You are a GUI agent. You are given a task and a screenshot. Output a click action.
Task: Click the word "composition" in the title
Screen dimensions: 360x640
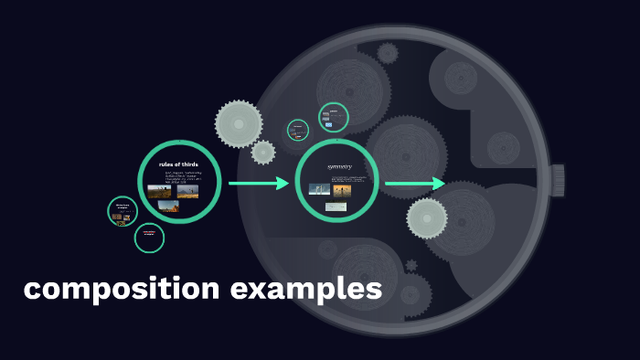(x=122, y=290)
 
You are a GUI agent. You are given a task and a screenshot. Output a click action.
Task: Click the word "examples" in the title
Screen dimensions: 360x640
(x=306, y=290)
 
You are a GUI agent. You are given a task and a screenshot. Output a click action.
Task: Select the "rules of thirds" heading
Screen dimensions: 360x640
(x=178, y=164)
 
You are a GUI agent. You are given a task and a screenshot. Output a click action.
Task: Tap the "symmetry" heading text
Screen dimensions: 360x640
(x=338, y=166)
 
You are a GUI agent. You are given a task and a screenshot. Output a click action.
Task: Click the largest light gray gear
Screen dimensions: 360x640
(x=238, y=123)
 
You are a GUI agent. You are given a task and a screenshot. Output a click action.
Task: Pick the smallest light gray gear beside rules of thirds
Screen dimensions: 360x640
(x=263, y=153)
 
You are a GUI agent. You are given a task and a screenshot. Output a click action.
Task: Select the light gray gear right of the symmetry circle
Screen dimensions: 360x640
(x=427, y=218)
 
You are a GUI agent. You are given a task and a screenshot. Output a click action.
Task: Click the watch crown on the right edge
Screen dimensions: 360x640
(x=558, y=178)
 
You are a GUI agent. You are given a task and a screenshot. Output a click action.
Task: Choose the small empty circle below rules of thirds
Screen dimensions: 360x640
(x=149, y=238)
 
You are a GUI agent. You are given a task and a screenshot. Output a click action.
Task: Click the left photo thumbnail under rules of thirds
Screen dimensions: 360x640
(x=159, y=192)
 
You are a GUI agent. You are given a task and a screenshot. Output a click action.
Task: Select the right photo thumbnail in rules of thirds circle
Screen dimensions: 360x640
(x=187, y=192)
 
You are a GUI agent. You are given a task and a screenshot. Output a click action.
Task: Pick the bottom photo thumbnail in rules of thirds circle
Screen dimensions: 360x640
(x=168, y=206)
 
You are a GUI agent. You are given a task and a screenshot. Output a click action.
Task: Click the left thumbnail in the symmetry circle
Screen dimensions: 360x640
(x=319, y=190)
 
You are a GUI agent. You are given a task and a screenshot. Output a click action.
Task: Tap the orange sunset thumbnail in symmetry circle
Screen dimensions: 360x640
(x=342, y=191)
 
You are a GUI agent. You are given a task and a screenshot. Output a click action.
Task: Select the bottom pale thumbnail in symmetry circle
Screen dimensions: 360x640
(x=336, y=207)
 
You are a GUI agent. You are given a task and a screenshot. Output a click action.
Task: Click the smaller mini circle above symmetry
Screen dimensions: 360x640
(x=298, y=130)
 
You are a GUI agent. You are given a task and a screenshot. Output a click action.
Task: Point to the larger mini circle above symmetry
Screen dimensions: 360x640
(x=334, y=117)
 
